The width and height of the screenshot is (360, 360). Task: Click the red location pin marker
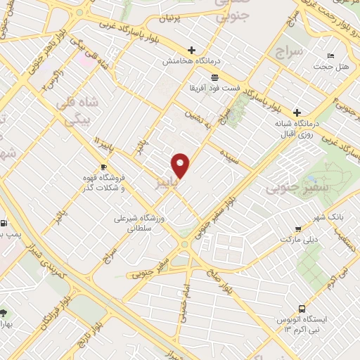pos(181,165)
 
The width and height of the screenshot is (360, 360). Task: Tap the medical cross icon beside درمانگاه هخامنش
pos(191,51)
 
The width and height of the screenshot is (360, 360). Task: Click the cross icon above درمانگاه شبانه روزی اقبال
pos(297,112)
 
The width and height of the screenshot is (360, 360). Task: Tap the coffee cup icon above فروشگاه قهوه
pos(103,167)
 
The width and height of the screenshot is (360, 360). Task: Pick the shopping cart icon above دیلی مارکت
pos(298,229)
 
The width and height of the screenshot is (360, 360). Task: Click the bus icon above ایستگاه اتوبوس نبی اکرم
pos(302,308)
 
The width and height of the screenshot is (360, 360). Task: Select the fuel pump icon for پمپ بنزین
pos(5,224)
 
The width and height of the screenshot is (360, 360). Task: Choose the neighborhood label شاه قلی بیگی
pos(78,110)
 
